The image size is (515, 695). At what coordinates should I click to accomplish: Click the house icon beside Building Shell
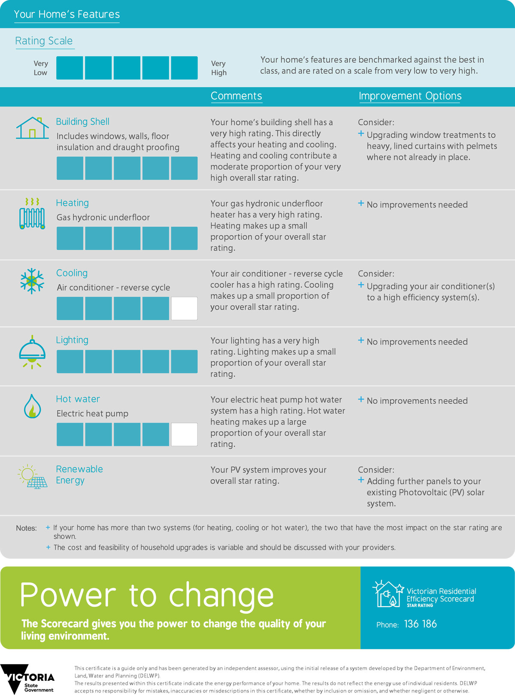pos(33,128)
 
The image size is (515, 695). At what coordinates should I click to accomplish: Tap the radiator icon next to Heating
pos(32,214)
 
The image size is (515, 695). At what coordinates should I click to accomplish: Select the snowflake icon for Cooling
pos(32,281)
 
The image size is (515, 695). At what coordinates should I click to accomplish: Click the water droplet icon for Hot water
pos(32,406)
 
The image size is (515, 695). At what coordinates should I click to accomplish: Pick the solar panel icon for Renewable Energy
pos(33,476)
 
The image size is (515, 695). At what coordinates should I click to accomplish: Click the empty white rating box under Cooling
pos(184,308)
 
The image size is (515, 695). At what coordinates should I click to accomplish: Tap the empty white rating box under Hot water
pos(184,434)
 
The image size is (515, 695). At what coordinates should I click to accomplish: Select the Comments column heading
pos(236,96)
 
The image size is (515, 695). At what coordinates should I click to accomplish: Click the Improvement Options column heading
pos(410,96)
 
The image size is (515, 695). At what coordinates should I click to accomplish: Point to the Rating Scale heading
pos(44,41)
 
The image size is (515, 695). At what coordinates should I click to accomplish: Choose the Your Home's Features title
pos(67,15)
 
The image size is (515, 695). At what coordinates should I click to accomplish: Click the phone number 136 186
pos(420,624)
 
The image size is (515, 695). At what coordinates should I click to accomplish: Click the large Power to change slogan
pos(147,595)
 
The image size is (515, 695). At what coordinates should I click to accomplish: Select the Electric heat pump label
pos(92,414)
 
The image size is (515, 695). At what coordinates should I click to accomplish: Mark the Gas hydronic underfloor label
pos(103,218)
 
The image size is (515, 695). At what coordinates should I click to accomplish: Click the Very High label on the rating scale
pos(218,68)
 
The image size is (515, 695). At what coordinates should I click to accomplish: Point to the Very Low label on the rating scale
pos(41,68)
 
